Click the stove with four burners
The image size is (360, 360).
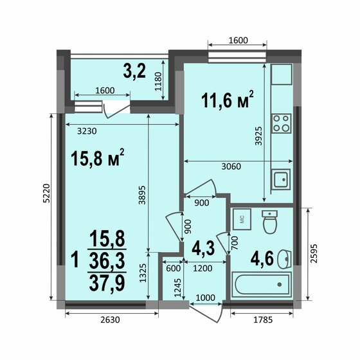[282, 122]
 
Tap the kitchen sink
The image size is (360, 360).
[281, 179]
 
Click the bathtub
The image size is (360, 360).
[262, 283]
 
